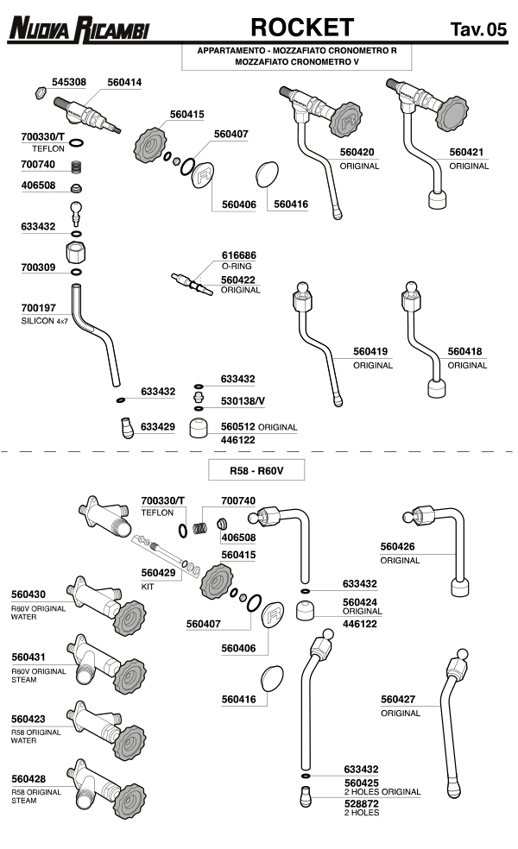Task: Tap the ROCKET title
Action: click(302, 28)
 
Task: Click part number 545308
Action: click(69, 82)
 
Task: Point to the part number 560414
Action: click(124, 82)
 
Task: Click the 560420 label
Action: click(357, 152)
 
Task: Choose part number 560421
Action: click(466, 152)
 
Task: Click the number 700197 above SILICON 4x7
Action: click(38, 307)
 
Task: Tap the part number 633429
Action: click(158, 426)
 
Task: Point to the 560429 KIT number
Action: click(159, 572)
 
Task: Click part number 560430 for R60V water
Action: click(28, 594)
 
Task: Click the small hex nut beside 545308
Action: click(38, 91)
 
